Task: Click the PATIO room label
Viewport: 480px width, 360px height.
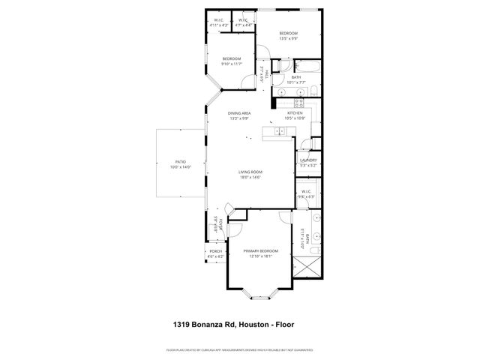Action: click(180, 162)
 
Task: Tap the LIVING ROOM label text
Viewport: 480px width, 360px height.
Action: click(250, 172)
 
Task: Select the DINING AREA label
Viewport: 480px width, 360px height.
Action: click(239, 113)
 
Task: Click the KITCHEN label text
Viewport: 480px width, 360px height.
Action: click(295, 112)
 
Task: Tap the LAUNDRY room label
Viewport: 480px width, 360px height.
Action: click(307, 160)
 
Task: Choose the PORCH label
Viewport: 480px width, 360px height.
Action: click(215, 251)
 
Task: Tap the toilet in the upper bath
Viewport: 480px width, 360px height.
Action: click(314, 91)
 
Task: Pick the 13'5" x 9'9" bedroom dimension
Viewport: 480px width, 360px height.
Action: click(289, 39)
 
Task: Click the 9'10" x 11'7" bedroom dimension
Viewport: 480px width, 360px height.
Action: click(231, 64)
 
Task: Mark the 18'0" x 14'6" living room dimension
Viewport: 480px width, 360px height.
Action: click(250, 178)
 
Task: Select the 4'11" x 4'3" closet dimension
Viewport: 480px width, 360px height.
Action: click(218, 26)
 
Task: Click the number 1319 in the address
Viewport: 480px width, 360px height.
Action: click(175, 325)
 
